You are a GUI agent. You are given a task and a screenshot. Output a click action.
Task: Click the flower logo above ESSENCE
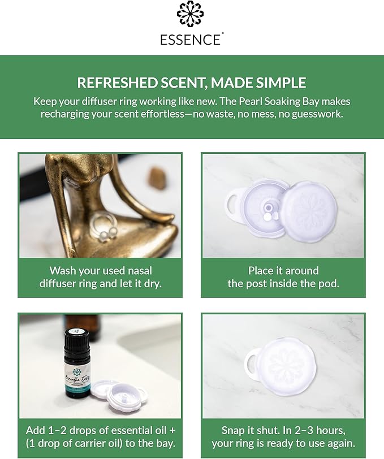191,15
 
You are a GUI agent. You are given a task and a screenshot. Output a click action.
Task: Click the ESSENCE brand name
191,40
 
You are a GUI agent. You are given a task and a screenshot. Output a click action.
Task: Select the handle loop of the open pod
234,203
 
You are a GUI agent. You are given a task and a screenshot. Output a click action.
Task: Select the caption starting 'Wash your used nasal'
100,277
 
